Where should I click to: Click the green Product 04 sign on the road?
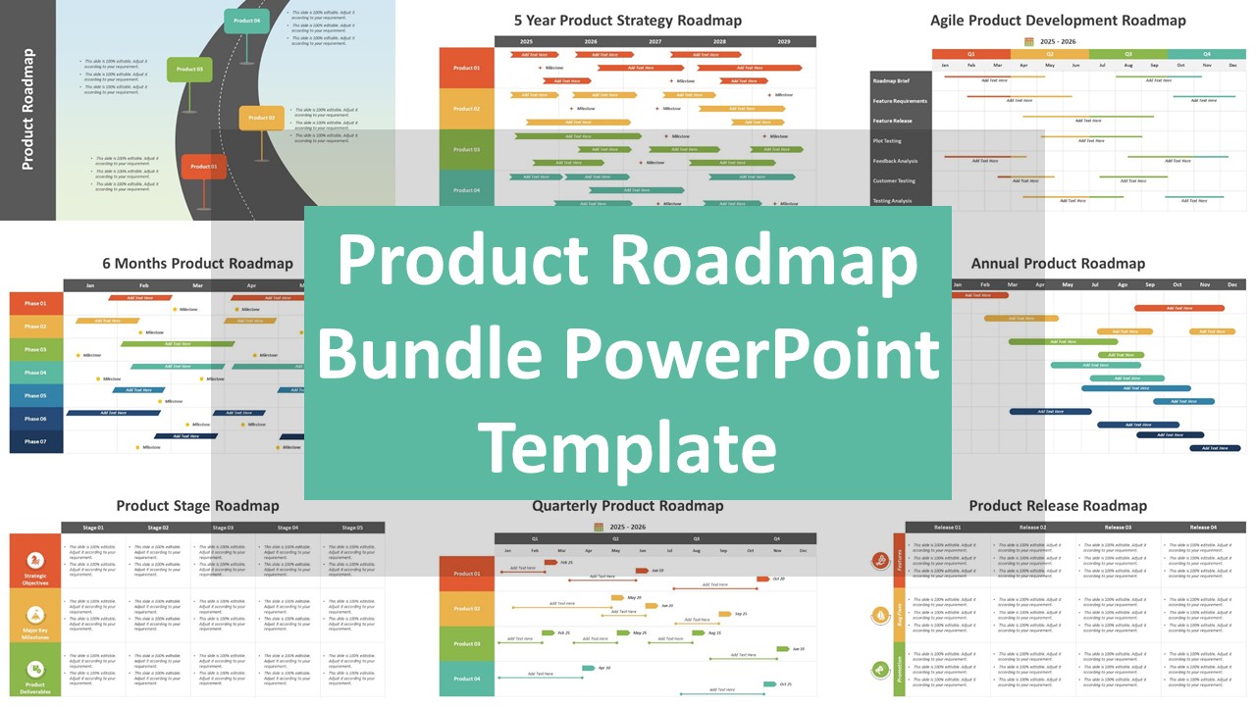click(x=246, y=21)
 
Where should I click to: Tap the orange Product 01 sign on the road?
click(x=204, y=167)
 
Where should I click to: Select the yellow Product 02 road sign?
click(x=261, y=118)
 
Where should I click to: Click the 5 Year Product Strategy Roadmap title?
click(x=628, y=20)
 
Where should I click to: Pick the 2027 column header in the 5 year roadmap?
click(x=654, y=42)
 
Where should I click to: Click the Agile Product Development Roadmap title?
click(x=1058, y=20)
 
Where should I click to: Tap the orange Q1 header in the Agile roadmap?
click(x=971, y=54)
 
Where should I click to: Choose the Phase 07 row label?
click(x=36, y=442)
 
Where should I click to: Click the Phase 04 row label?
click(x=36, y=373)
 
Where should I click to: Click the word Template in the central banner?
click(x=627, y=446)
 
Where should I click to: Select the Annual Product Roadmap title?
click(x=1058, y=263)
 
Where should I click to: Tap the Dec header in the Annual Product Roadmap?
click(x=1231, y=284)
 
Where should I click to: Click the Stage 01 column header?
click(x=93, y=528)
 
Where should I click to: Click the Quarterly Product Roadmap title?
click(x=628, y=506)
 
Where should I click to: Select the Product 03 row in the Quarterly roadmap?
click(x=467, y=644)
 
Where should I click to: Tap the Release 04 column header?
click(x=1203, y=528)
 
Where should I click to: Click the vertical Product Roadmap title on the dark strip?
click(x=27, y=110)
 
